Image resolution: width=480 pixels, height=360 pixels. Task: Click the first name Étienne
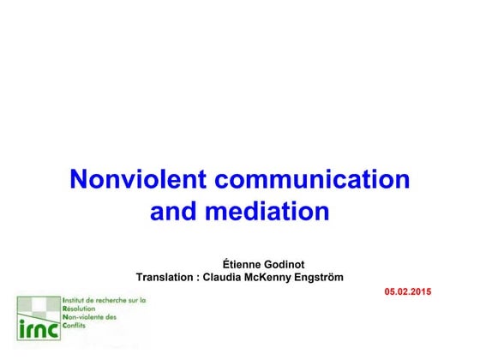tap(244, 262)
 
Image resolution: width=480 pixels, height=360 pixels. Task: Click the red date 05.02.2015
tap(409, 292)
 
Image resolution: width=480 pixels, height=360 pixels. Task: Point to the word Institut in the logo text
tap(76, 301)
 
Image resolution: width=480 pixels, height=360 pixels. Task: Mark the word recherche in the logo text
tap(116, 301)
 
